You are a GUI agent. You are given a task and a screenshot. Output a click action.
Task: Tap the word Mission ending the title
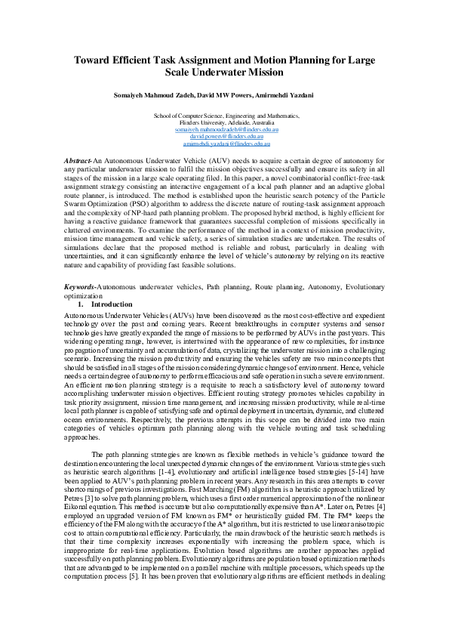(262, 73)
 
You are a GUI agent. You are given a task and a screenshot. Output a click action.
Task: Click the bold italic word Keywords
(79, 288)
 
